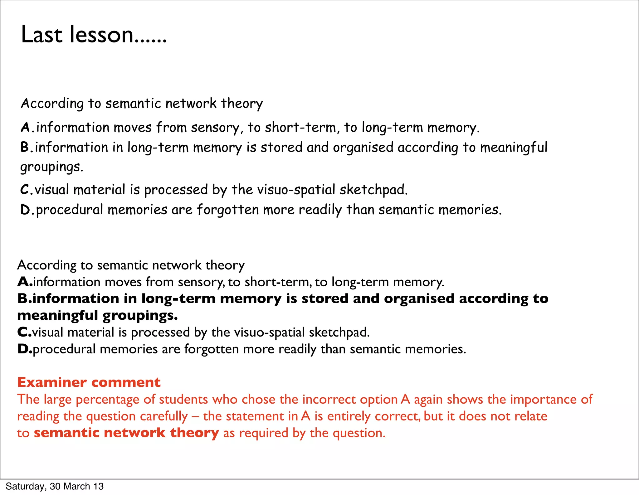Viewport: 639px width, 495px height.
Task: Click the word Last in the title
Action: click(x=41, y=34)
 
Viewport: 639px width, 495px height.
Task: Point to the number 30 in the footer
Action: click(x=55, y=486)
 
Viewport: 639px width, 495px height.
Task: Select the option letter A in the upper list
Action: click(x=25, y=127)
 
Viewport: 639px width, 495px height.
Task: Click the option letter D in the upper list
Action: click(x=25, y=210)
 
